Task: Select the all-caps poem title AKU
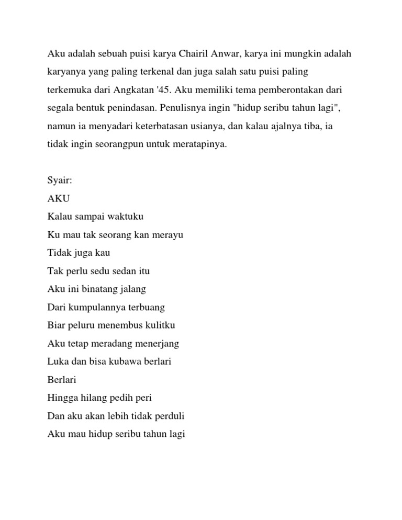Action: click(x=59, y=199)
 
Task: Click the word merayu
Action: click(x=167, y=235)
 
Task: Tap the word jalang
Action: click(x=133, y=289)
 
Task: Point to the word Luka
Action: click(x=57, y=361)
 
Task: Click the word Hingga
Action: click(x=61, y=398)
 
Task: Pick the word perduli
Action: click(x=169, y=416)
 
